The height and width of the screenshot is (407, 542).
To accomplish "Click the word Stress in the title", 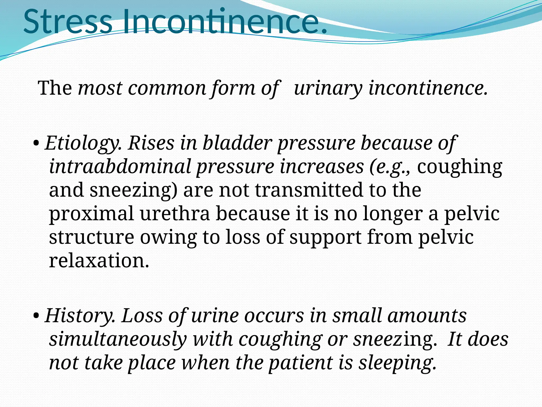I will tap(68, 22).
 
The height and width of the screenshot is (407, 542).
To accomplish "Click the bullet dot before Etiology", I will tap(37, 144).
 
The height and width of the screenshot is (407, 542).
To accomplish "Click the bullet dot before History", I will tap(37, 316).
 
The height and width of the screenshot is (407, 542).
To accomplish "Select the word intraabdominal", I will tap(120, 167).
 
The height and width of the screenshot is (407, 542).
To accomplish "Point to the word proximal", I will tap(92, 214).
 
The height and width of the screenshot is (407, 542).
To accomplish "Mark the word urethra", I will tap(175, 214).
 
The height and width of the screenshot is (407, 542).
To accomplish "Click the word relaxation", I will tap(99, 261).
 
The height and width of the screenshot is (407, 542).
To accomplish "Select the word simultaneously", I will tap(118, 339).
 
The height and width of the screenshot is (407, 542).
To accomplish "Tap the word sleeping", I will tap(397, 363).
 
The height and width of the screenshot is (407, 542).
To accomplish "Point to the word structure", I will tap(92, 237).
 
